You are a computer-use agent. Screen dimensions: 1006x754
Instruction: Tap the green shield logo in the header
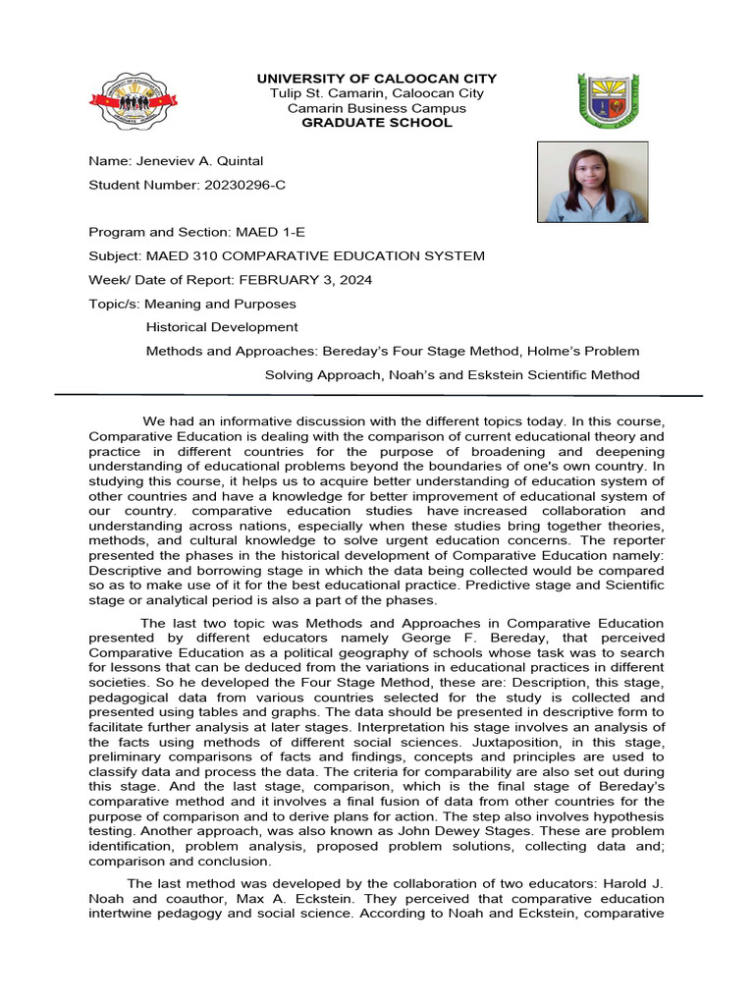tap(612, 100)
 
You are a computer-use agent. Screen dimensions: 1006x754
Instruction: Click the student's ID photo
tap(592, 182)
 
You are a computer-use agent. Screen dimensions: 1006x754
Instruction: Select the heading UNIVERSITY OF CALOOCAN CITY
tap(377, 79)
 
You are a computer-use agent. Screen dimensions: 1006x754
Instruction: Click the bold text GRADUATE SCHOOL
tap(377, 123)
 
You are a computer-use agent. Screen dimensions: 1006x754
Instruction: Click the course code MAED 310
tap(178, 256)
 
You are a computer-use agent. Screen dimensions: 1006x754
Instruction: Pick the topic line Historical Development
tap(222, 327)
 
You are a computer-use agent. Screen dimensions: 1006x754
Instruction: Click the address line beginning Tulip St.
tap(377, 93)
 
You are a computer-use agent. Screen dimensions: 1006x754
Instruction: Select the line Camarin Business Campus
tap(377, 108)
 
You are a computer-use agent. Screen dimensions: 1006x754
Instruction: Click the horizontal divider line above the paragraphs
tap(377, 395)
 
